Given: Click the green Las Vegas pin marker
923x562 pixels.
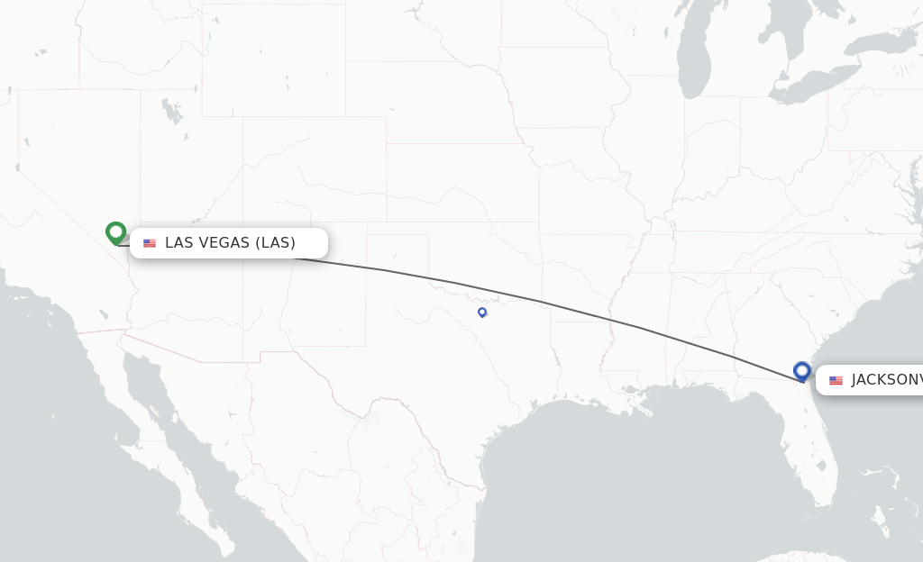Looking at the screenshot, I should click(115, 232).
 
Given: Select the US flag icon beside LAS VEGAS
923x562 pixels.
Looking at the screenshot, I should click(150, 243).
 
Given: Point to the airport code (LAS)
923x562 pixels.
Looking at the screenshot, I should click(275, 243).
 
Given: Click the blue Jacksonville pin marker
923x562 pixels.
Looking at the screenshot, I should click(801, 370).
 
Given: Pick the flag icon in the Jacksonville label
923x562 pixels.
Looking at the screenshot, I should click(836, 380).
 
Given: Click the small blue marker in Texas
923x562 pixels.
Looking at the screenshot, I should click(482, 312).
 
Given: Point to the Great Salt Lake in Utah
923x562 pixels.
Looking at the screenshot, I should click(170, 113).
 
